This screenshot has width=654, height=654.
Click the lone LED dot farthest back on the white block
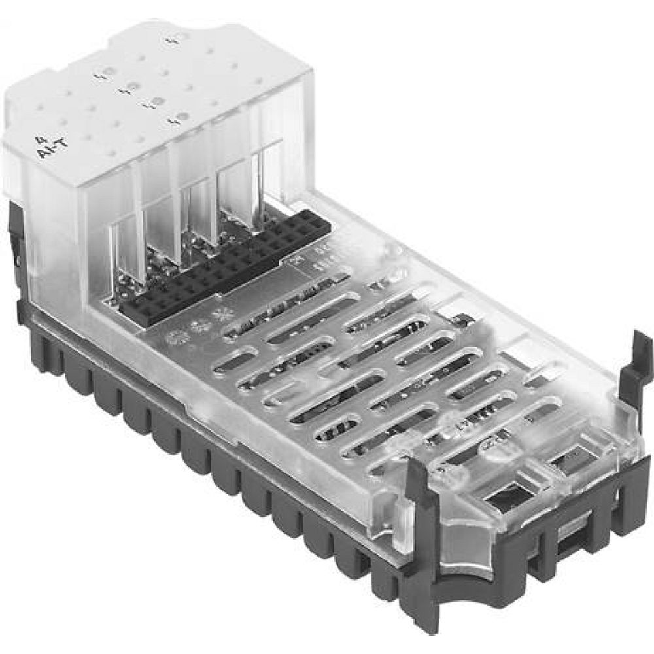coord(173,43)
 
